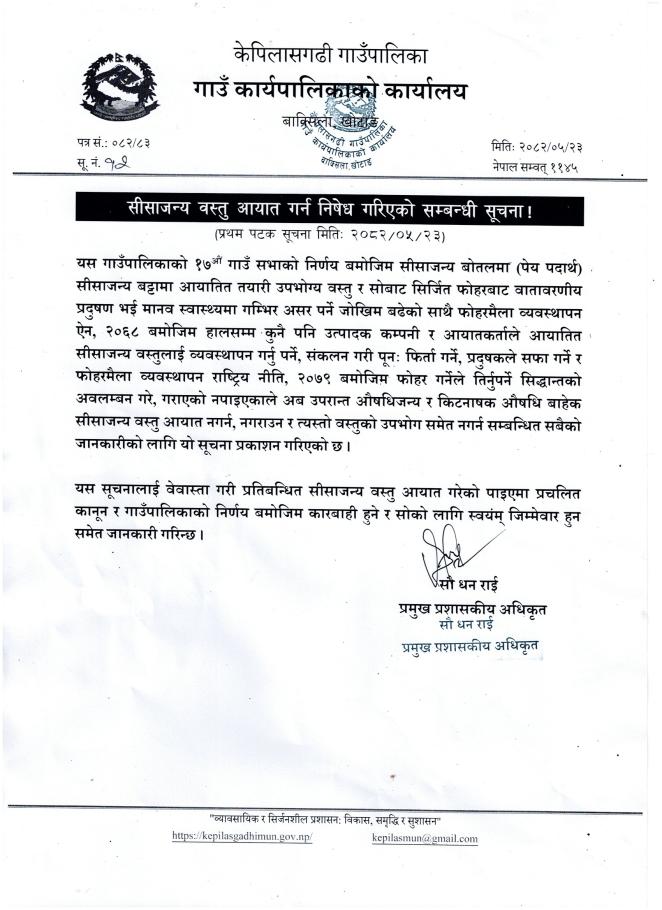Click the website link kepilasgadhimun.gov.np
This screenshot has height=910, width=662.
242,835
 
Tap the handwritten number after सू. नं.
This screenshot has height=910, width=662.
123,165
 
